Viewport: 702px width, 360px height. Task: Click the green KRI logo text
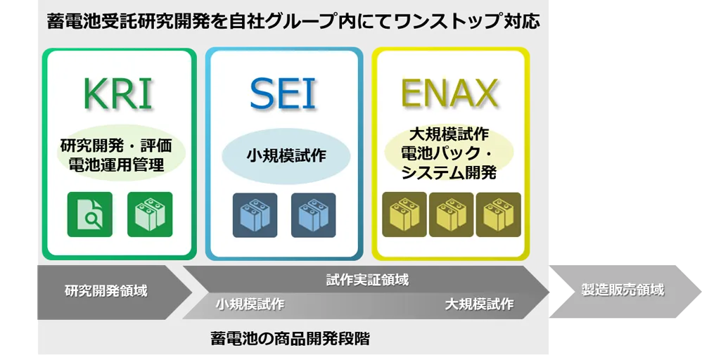point(117,94)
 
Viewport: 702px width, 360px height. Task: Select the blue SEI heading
point(283,94)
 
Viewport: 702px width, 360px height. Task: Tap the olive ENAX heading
point(449,94)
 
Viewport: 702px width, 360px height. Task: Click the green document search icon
point(90,214)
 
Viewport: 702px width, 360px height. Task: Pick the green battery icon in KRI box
point(150,214)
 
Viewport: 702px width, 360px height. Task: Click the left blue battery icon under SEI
point(255,215)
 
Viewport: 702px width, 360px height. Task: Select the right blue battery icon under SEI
point(314,215)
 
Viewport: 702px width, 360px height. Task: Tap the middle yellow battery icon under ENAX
point(452,214)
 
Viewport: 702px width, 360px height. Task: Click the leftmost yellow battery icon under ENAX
point(404,214)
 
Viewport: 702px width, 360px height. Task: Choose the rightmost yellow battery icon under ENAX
point(498,214)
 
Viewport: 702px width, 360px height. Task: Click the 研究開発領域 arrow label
point(106,291)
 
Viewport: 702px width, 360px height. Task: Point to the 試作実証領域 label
point(367,281)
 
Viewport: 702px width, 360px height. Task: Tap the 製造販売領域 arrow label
point(623,290)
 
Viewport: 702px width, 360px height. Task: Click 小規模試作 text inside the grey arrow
point(250,304)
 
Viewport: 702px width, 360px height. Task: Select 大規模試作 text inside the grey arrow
point(479,304)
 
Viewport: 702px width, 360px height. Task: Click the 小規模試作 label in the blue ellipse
point(286,156)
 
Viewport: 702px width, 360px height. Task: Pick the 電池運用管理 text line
point(116,165)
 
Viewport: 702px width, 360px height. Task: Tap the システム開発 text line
point(449,172)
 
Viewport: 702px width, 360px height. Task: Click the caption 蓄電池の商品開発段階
point(290,338)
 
